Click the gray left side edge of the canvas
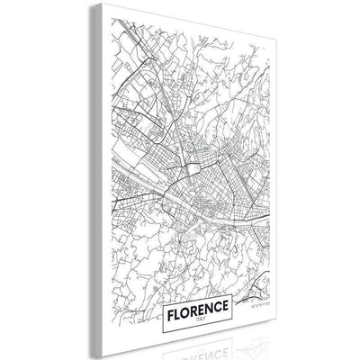pos(88,180)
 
